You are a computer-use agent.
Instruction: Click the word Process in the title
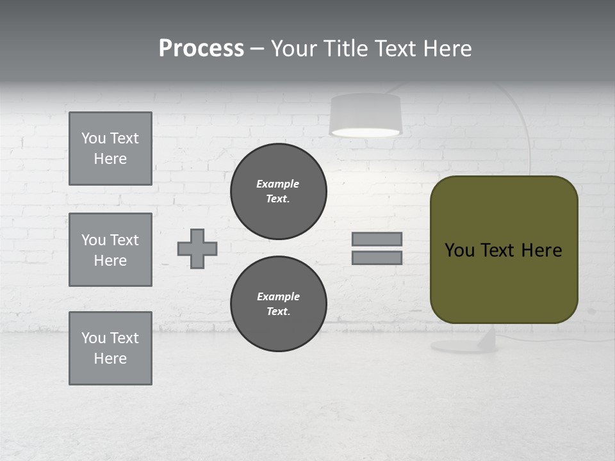201,48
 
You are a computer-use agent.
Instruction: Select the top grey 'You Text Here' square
110,149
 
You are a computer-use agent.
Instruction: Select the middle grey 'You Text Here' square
110,250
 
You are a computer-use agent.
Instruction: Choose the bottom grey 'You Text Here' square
110,348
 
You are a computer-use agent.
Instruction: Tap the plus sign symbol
197,248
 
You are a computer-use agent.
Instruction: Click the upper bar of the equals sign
377,239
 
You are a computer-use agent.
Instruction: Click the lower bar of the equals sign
377,257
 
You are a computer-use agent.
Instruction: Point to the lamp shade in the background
365,115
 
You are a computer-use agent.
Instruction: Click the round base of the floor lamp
464,346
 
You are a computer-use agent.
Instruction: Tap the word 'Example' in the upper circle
277,184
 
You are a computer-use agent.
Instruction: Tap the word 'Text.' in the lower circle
278,312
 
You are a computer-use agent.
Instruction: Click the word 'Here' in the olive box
541,250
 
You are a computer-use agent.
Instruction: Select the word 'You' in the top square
94,138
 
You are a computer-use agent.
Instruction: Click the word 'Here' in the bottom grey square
110,359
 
